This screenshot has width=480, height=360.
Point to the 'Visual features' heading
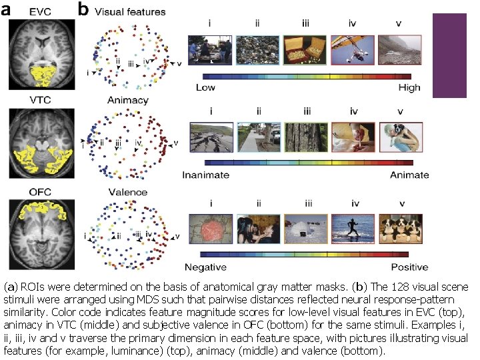(130, 11)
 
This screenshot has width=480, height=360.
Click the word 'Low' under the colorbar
(205, 87)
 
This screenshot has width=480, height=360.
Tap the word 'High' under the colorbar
(409, 87)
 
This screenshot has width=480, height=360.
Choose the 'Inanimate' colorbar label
(206, 175)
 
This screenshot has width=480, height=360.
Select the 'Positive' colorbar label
(408, 267)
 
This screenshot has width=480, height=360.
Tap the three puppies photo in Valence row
(399, 229)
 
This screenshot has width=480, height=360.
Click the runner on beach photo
(352, 229)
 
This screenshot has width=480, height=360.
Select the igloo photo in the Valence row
(305, 229)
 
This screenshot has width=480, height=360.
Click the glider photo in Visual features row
(352, 50)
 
